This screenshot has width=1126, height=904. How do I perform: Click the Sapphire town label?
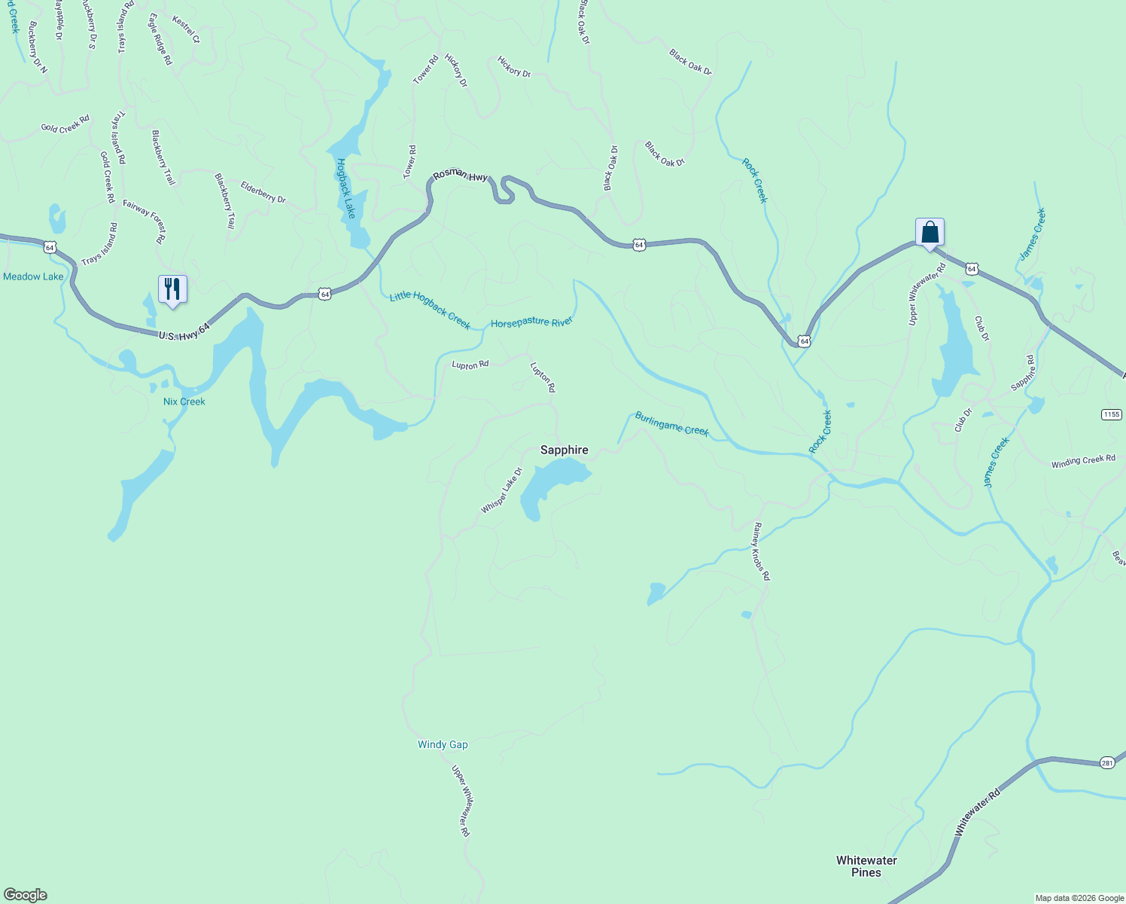pos(564,450)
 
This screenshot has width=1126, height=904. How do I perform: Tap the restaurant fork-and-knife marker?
pos(172,289)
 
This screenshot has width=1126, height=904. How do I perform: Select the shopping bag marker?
pos(930,232)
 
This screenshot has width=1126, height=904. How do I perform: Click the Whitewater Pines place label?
pos(866,866)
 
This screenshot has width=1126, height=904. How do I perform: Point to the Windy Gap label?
pos(443,744)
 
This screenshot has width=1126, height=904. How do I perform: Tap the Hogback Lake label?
pos(346,188)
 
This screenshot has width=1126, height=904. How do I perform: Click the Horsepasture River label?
pos(531,322)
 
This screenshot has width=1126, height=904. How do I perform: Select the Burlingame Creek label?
pos(671,424)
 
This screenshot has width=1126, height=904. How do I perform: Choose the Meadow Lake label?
pos(33,276)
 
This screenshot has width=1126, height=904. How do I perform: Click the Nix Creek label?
pos(184,402)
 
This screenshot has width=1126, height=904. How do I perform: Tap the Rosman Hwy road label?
pos(460,176)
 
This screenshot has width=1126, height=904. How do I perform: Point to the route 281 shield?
pos(1106,762)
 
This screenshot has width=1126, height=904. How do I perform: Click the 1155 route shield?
pos(1111,414)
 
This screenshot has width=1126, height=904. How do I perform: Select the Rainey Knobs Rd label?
pos(762,551)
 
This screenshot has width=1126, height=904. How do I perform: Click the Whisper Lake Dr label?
pos(501,491)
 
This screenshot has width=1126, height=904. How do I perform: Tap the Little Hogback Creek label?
pos(430,310)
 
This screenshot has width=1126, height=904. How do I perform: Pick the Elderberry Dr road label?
pos(263,192)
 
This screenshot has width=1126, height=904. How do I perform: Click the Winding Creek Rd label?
pos(1083,460)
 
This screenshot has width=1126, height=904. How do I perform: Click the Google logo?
pos(25,895)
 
